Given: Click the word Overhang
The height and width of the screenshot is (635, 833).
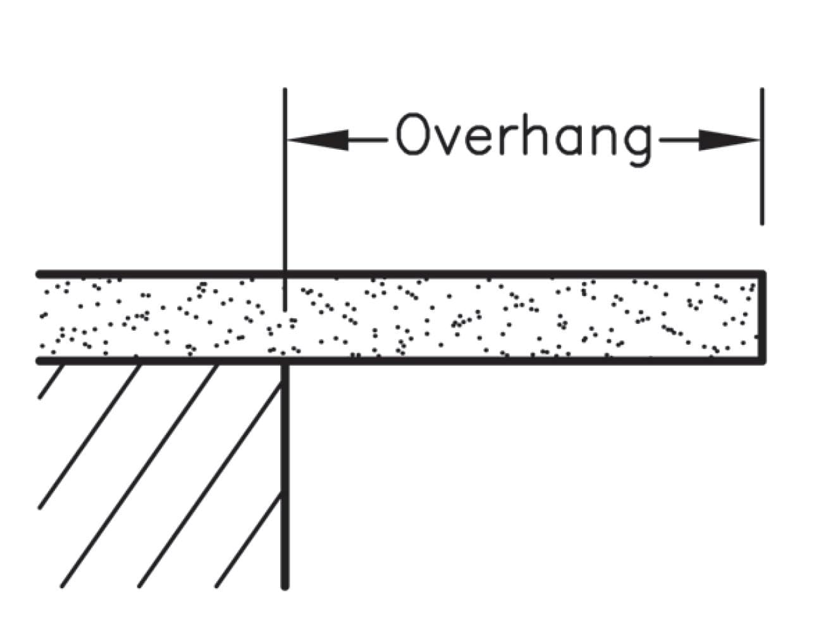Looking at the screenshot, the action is click(523, 139).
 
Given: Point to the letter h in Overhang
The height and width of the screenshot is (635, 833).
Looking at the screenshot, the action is click(535, 133).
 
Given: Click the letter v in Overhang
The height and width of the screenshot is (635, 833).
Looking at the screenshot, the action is click(448, 140).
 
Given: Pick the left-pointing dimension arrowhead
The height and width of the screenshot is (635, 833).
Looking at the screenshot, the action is click(318, 140).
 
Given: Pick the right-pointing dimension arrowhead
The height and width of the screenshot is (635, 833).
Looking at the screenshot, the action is click(729, 140).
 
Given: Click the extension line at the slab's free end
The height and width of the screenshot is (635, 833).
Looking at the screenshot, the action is click(762, 156).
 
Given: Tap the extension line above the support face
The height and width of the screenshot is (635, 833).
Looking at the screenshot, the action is click(285, 199).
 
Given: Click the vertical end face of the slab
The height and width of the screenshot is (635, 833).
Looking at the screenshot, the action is click(762, 317).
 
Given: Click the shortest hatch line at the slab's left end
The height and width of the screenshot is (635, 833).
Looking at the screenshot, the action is click(51, 381).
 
